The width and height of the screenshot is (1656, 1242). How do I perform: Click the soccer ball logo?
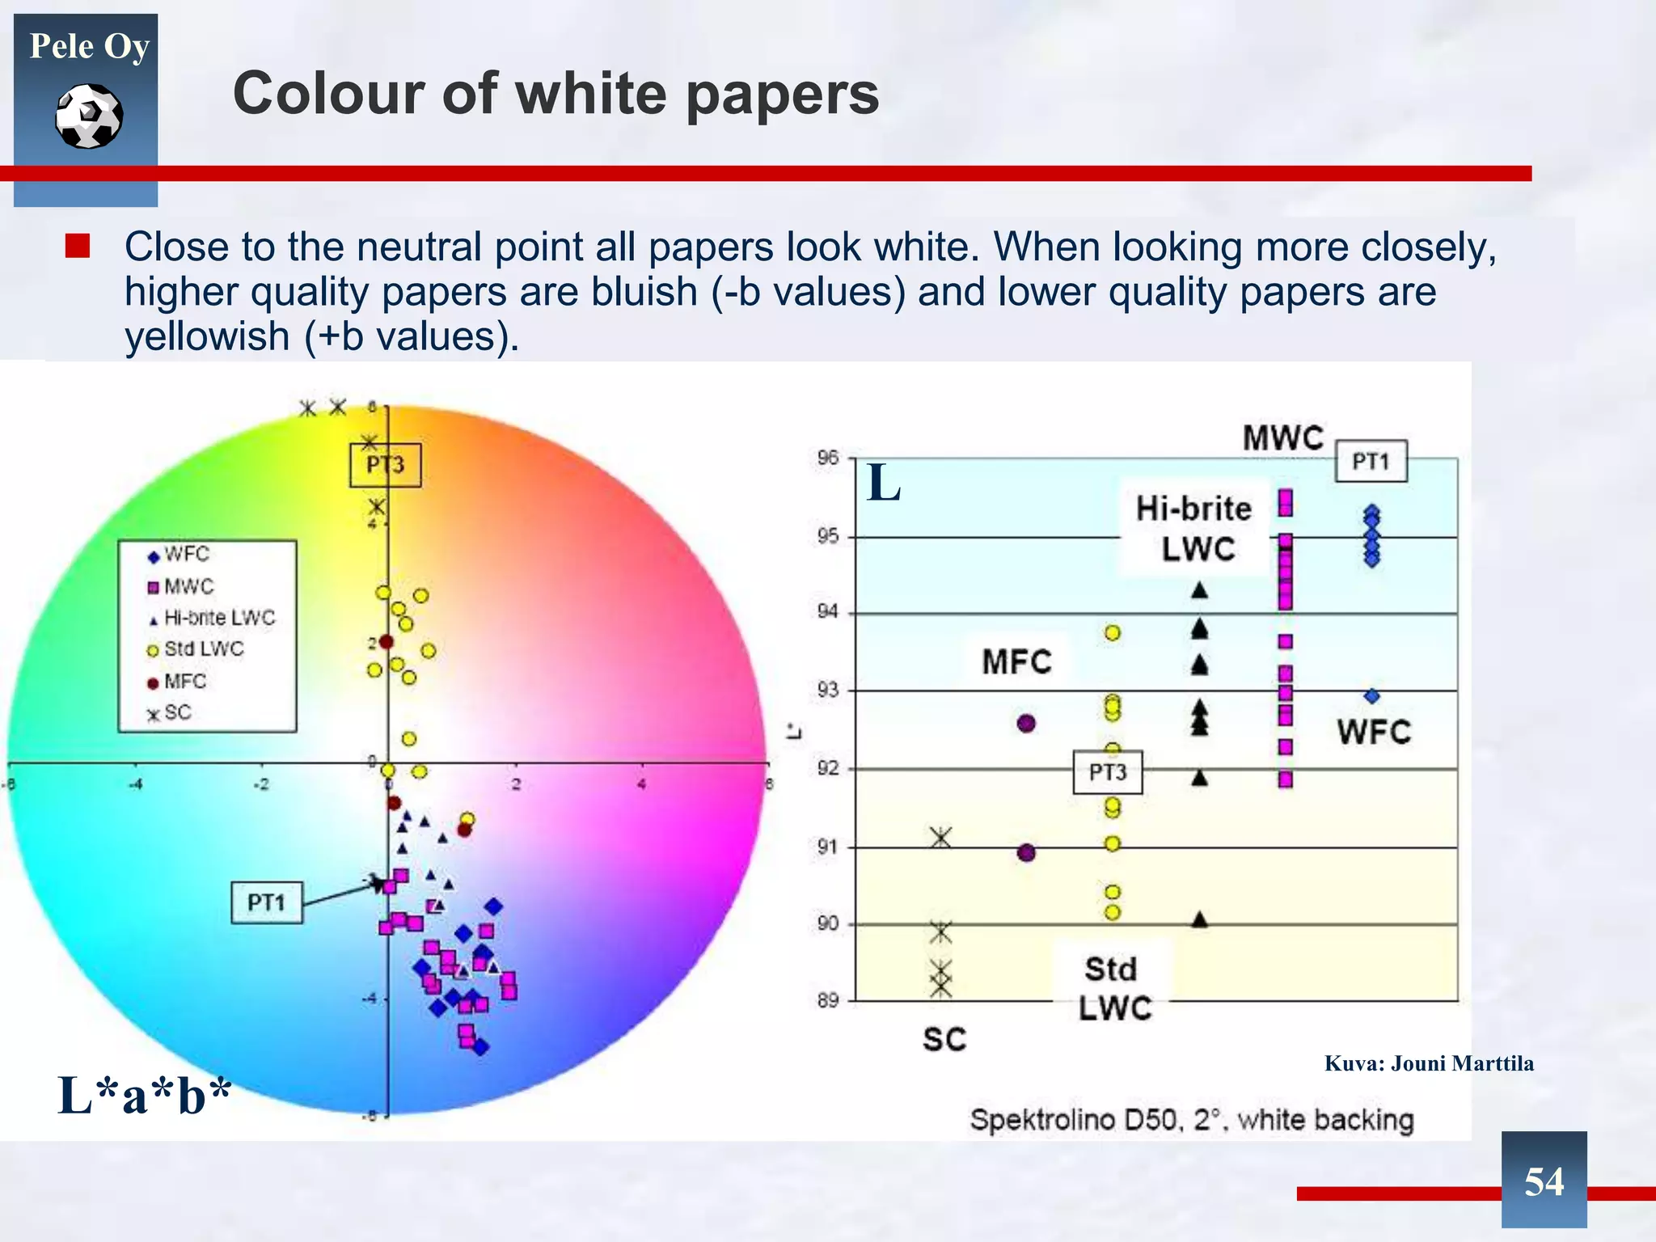(89, 116)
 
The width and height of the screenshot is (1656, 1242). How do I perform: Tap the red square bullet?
(78, 246)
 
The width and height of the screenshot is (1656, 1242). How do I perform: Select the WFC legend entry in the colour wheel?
(179, 555)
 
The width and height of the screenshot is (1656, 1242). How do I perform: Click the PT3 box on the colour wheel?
(385, 465)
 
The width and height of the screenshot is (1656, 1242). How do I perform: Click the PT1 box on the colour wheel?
(266, 902)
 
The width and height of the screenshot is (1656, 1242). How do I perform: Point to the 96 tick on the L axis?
(827, 458)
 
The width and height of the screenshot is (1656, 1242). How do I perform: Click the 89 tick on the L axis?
(827, 1001)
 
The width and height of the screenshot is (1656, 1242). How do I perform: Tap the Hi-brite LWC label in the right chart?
(1194, 528)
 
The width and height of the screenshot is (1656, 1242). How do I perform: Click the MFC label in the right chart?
(1016, 662)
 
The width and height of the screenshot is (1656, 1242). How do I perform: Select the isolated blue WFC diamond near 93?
(1371, 696)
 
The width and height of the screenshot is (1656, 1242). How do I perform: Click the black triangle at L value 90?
(1200, 919)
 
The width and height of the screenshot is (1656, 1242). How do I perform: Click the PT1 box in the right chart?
(1371, 462)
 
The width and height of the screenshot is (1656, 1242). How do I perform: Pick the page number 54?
(1544, 1181)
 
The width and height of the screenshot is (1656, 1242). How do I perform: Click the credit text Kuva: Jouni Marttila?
(1429, 1063)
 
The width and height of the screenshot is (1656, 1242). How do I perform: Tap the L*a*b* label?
(144, 1096)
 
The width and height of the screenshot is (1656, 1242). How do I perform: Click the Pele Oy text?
(89, 46)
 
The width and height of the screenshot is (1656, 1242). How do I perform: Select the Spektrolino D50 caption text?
(1191, 1120)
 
